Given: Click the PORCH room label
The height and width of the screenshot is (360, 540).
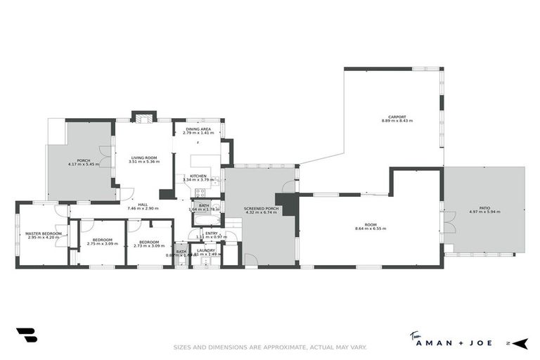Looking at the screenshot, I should tap(84, 160).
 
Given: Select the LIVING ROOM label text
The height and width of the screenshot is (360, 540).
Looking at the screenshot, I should tap(143, 157).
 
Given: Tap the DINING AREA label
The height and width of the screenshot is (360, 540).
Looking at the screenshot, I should tap(198, 129).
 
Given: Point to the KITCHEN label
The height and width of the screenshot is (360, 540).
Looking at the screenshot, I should tap(198, 176).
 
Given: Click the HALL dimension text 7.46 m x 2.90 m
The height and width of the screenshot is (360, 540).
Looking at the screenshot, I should tap(143, 209).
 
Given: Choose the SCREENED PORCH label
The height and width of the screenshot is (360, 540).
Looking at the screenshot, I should tap(261, 209).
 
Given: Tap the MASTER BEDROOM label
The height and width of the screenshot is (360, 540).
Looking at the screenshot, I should tap(44, 233).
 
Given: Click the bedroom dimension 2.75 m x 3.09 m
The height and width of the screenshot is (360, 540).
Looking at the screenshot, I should tap(102, 245).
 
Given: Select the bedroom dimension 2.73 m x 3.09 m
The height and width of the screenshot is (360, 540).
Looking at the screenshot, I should tap(149, 245).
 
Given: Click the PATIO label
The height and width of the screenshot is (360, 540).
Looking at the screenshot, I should tap(484, 207).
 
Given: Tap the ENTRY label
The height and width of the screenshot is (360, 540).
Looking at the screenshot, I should tap(212, 233).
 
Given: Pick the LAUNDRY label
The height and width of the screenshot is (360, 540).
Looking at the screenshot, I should tap(206, 250).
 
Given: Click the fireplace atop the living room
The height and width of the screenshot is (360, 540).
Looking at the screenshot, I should tap(144, 117).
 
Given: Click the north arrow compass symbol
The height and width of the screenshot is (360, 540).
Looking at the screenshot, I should tap(518, 343).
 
